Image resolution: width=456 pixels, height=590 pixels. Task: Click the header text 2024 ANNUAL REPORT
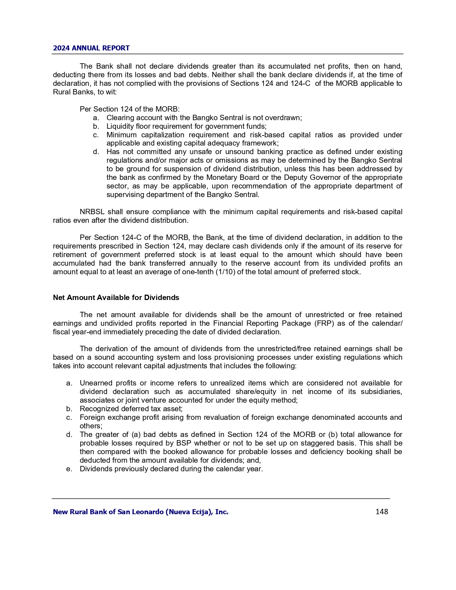pyautogui.click(x=91, y=48)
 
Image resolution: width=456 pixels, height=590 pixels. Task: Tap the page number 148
pyautogui.click(x=382, y=512)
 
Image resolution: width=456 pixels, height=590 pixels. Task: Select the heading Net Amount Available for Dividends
pyautogui.click(x=116, y=298)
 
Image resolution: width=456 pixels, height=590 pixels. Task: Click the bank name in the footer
pyautogui.click(x=141, y=512)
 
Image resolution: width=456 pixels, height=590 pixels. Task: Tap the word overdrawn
pyautogui.click(x=283, y=118)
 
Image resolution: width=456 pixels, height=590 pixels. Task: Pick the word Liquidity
pyautogui.click(x=119, y=126)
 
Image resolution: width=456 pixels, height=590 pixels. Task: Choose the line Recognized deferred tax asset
pyautogui.click(x=131, y=409)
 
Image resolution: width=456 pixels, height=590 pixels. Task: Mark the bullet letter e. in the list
pyautogui.click(x=69, y=469)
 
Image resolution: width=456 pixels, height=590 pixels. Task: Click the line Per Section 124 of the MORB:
pyautogui.click(x=129, y=109)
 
